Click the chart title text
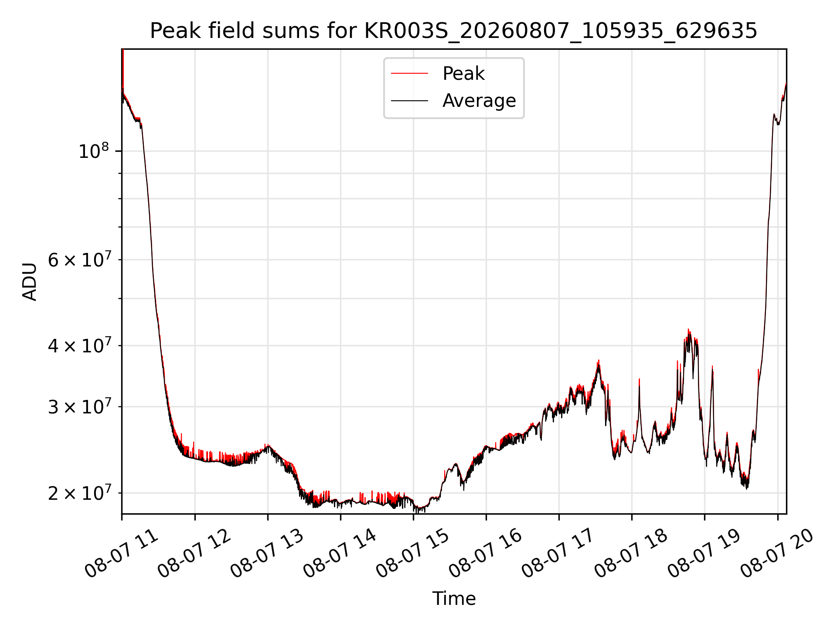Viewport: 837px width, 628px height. click(x=453, y=31)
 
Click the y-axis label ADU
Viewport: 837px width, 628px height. click(x=30, y=281)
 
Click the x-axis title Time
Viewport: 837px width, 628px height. click(x=454, y=598)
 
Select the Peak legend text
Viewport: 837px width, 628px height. click(x=463, y=73)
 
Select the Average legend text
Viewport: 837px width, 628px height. click(x=479, y=101)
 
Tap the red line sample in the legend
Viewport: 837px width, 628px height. click(x=409, y=74)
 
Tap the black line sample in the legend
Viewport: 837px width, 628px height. click(x=409, y=101)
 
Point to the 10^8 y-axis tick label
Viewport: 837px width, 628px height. click(x=94, y=151)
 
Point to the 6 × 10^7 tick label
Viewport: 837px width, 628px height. click(x=79, y=259)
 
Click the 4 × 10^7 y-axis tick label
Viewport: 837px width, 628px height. click(x=79, y=345)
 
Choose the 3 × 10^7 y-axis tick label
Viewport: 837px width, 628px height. click(x=79, y=406)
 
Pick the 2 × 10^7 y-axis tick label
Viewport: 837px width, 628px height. click(x=79, y=493)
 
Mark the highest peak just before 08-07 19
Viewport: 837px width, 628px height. click(x=688, y=330)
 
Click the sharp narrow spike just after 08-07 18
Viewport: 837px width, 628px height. click(x=639, y=379)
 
